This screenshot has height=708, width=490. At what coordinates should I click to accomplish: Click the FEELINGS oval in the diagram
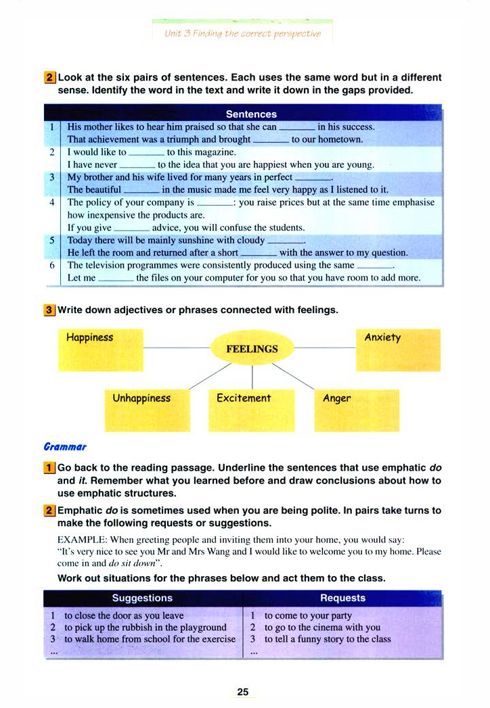[252, 349]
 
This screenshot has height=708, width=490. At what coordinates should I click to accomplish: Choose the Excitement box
[252, 410]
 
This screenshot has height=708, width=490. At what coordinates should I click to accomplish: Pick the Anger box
[356, 410]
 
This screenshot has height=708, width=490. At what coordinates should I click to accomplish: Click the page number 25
[244, 692]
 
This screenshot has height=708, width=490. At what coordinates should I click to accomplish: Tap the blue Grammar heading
[65, 446]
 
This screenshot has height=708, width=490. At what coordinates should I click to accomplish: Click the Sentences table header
[251, 114]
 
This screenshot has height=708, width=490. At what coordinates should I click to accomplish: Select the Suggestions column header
[142, 598]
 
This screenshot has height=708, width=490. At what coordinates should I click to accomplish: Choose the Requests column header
[342, 598]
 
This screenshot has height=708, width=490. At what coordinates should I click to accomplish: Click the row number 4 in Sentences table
[51, 202]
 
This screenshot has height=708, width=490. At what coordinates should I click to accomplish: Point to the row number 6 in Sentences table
[51, 265]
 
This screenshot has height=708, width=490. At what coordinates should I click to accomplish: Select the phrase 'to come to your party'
[308, 616]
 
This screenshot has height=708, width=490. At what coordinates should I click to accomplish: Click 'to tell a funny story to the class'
[328, 639]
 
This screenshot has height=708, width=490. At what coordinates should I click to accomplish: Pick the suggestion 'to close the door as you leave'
[124, 616]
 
